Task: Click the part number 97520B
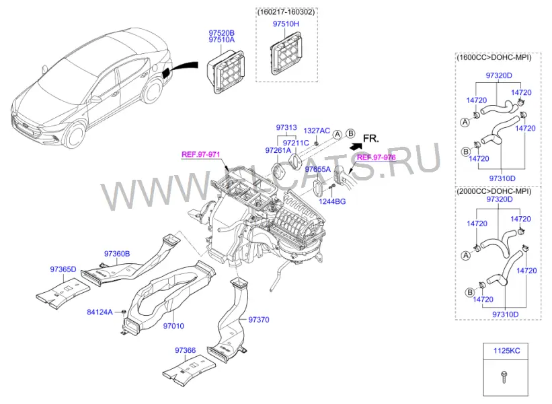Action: click(221, 33)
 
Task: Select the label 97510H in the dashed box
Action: click(286, 24)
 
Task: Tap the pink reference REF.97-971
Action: click(200, 154)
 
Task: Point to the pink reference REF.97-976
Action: click(377, 158)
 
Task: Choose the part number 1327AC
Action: click(317, 131)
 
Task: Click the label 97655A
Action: click(318, 170)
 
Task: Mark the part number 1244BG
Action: click(332, 201)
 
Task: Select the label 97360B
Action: click(117, 253)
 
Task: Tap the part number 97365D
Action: click(63, 269)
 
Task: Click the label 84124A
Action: click(100, 312)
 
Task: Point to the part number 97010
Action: click(173, 326)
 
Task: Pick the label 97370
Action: click(259, 320)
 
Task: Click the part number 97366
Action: click(185, 350)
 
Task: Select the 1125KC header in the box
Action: click(506, 351)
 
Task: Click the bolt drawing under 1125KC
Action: click(504, 378)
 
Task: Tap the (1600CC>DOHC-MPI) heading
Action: click(494, 57)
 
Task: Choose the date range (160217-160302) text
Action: click(286, 12)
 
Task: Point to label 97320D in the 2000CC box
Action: click(499, 199)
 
